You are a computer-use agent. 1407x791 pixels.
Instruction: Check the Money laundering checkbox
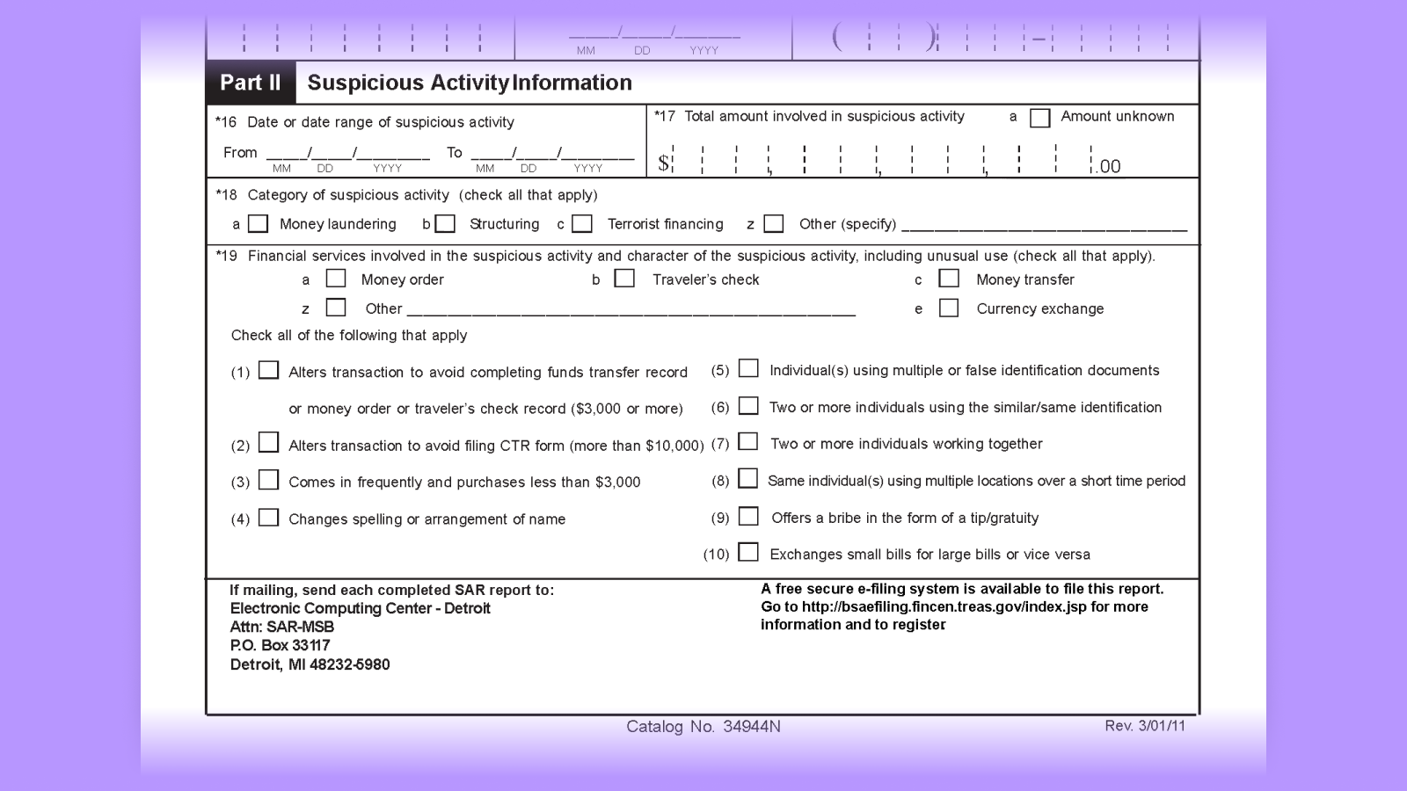tap(258, 224)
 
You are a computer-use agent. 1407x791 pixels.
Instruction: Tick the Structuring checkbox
tap(446, 224)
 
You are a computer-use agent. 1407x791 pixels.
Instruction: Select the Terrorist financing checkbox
tap(582, 224)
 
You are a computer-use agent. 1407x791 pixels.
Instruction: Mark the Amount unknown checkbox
tap(1039, 118)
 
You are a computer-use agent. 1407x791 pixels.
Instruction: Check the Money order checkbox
tap(336, 279)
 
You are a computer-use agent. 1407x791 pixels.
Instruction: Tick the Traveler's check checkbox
tap(624, 279)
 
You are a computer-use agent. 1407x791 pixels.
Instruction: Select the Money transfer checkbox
tap(949, 279)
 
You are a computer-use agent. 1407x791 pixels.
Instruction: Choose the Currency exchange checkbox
tap(949, 308)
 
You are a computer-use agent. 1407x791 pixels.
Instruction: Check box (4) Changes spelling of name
tap(269, 518)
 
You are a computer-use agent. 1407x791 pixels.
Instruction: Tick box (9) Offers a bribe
tap(748, 517)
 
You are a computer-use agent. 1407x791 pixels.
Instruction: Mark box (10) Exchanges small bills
tap(748, 553)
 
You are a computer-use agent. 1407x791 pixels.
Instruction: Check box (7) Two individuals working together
tap(748, 442)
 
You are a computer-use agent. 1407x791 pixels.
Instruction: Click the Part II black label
tap(251, 83)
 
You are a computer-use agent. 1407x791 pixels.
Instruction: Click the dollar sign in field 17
tap(663, 163)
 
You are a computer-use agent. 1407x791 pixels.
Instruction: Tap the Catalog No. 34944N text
tap(703, 727)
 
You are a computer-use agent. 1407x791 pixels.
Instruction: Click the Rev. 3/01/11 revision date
tap(1145, 726)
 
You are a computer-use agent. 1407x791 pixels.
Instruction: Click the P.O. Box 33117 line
tap(281, 645)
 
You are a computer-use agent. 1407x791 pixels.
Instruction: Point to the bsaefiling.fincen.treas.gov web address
tap(944, 606)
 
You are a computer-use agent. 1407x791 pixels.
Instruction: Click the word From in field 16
tap(240, 153)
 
